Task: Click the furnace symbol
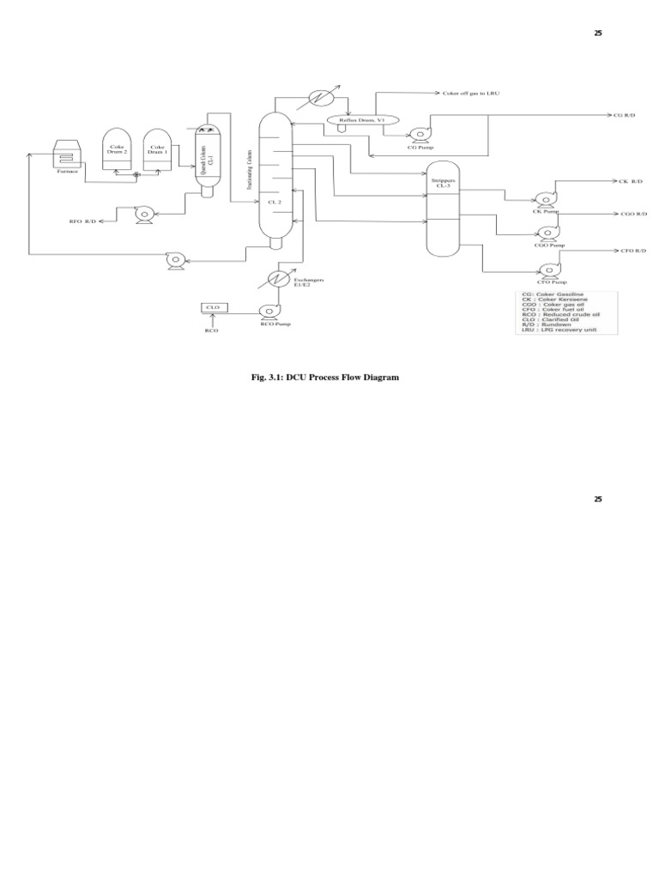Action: pyautogui.click(x=67, y=155)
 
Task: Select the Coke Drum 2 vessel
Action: pyautogui.click(x=116, y=150)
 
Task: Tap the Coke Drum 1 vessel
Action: pyautogui.click(x=155, y=150)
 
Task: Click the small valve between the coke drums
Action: pyautogui.click(x=136, y=175)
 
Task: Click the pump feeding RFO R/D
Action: pyautogui.click(x=142, y=211)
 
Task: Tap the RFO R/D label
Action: pyautogui.click(x=83, y=221)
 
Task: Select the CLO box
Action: pyautogui.click(x=211, y=307)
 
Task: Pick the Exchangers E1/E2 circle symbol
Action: pyautogui.click(x=276, y=278)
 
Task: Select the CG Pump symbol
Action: pyautogui.click(x=420, y=134)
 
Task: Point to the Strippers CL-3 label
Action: pyautogui.click(x=444, y=183)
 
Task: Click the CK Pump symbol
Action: pyautogui.click(x=542, y=198)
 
